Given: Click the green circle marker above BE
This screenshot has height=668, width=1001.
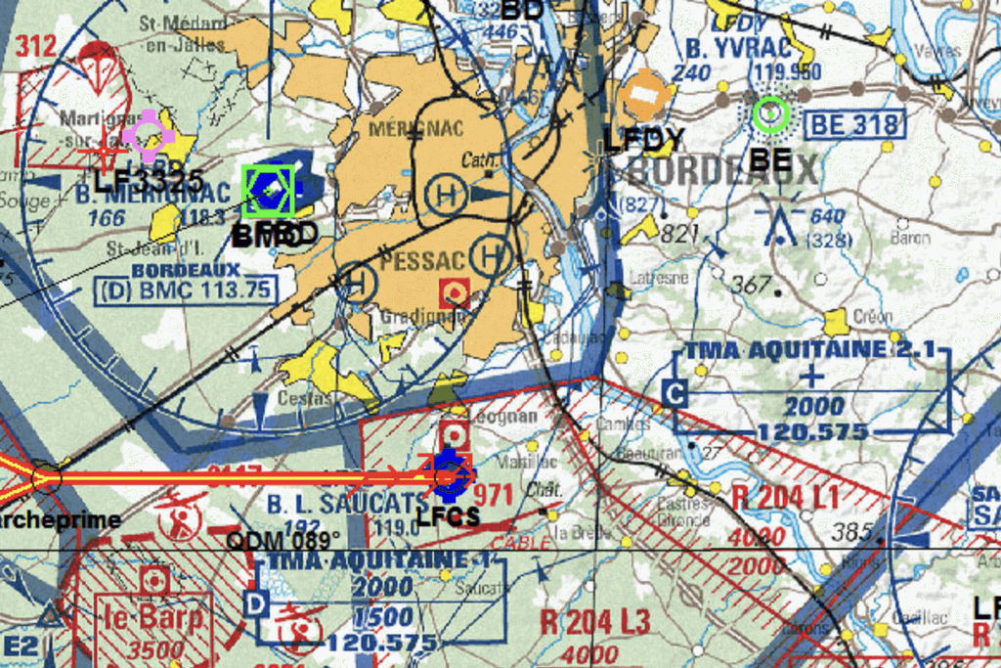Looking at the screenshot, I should coord(770,114).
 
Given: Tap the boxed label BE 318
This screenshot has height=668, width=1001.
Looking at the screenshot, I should coord(853,124).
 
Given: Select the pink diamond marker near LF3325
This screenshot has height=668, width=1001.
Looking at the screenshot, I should coord(149,136).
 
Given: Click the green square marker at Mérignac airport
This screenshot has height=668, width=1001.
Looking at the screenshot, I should coord(268,190).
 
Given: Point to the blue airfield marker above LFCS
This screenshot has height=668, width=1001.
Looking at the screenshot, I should coord(449,474).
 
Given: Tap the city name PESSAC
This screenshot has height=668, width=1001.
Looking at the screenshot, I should coord(423,262).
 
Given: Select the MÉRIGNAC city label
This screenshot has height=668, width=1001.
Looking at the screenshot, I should coord(415,129).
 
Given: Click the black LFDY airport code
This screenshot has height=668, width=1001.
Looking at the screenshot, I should coord(643,140).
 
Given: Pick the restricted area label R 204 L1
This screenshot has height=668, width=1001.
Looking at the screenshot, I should coord(785,496).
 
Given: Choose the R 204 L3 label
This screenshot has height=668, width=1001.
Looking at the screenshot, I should coord(594,620).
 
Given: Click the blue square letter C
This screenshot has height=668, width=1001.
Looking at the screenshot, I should coord(675,394).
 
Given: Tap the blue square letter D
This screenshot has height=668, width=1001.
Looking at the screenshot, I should coord(255,602).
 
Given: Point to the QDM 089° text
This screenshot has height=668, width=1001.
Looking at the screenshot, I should coord(283,540).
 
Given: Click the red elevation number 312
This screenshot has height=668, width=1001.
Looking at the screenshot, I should coord(36,45).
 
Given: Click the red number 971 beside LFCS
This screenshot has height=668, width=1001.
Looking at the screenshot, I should coord(493,493).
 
